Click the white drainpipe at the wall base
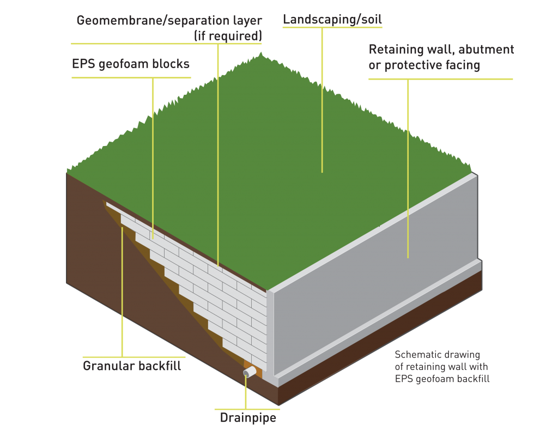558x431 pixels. (250, 372)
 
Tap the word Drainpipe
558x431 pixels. (248, 418)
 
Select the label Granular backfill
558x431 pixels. (132, 366)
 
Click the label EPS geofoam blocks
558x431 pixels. (131, 64)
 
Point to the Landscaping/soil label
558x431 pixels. (332, 20)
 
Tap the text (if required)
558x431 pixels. (228, 36)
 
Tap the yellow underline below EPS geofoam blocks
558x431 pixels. (131, 77)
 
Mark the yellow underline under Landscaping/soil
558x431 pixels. (332, 27)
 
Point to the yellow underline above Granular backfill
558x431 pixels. (134, 357)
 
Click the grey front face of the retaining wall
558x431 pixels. (376, 283)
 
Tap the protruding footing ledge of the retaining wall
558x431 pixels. (381, 321)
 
